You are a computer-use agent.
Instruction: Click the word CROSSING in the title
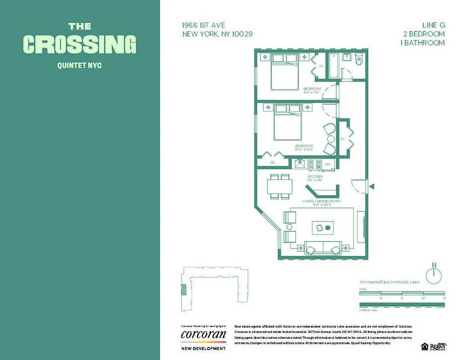click(x=80, y=44)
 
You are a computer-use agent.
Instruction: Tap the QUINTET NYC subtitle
click(x=80, y=66)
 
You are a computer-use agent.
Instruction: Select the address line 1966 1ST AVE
click(x=204, y=26)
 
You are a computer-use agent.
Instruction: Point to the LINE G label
click(x=430, y=26)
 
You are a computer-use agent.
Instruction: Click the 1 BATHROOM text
click(x=422, y=43)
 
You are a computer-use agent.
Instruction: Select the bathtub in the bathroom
click(x=333, y=66)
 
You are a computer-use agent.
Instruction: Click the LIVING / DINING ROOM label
click(x=321, y=201)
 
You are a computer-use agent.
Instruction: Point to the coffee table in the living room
click(x=322, y=228)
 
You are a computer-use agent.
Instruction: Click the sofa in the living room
click(x=323, y=248)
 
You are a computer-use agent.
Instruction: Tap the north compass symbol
click(x=434, y=274)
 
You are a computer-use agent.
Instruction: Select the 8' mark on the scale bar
click(x=402, y=297)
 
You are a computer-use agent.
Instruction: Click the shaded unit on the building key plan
click(x=183, y=290)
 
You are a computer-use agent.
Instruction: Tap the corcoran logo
click(x=203, y=335)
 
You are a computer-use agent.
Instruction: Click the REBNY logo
click(x=438, y=346)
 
